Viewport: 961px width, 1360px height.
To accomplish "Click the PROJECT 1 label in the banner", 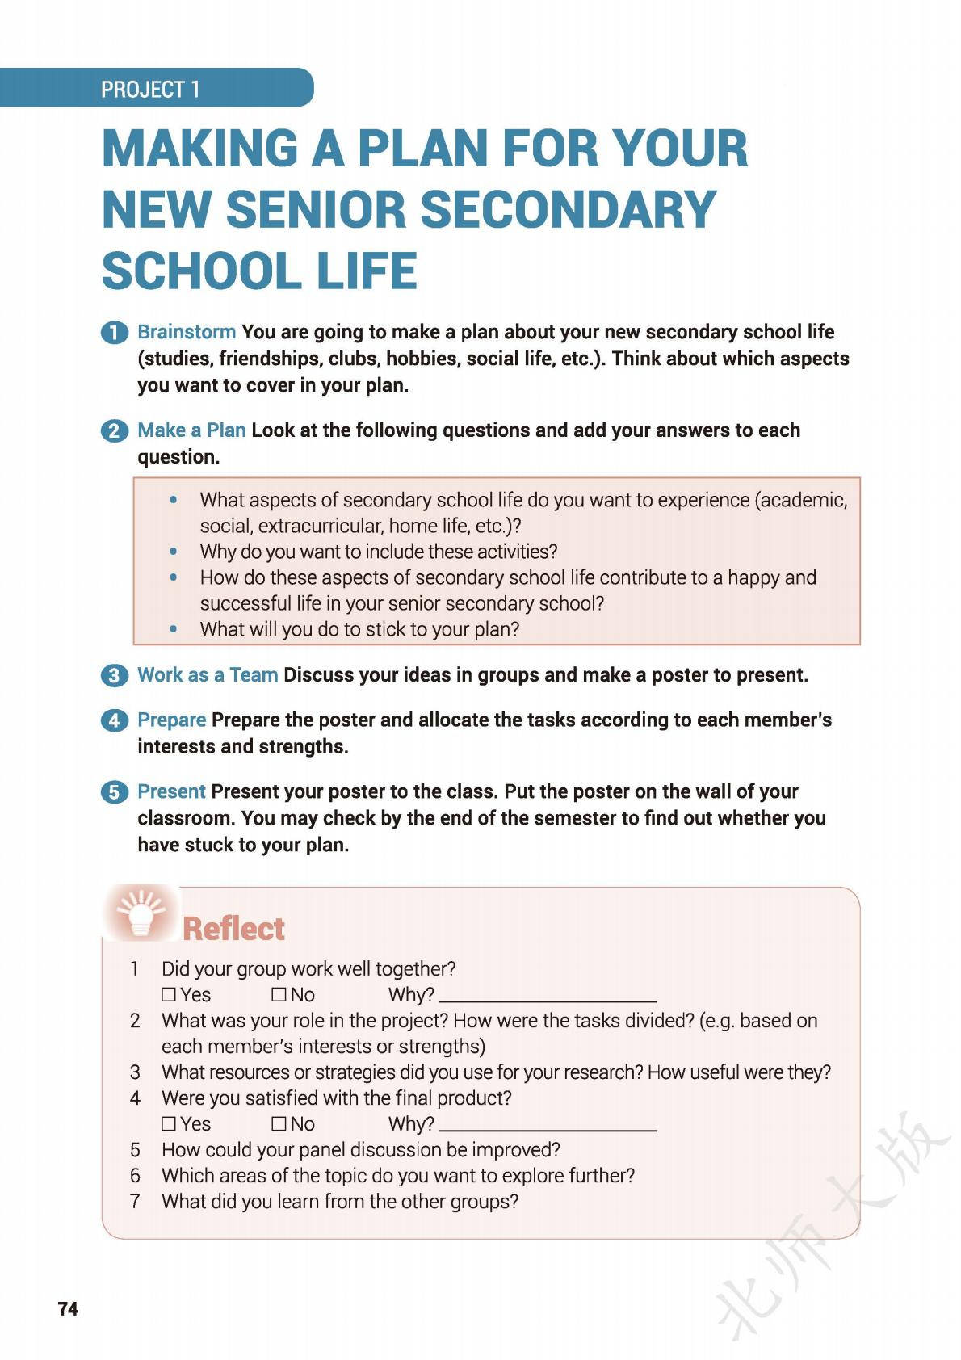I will (x=150, y=89).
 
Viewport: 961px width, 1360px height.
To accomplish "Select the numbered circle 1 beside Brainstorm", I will (x=115, y=333).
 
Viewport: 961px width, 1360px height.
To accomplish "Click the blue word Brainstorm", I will (x=187, y=332).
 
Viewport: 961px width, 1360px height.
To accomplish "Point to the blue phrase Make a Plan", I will (x=191, y=430).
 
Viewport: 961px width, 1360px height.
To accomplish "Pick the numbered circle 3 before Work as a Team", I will (x=115, y=675).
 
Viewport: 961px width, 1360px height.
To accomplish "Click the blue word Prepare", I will (x=172, y=720).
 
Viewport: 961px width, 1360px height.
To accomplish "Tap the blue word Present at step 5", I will (x=172, y=791).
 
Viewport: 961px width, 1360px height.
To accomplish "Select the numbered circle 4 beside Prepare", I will (x=115, y=720).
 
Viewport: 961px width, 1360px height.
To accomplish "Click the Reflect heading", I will (x=233, y=929).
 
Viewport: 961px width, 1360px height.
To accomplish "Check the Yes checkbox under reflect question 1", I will (x=169, y=994).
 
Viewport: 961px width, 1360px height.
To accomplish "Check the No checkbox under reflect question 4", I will (x=279, y=1123).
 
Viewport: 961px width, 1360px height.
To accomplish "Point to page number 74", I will (x=68, y=1309).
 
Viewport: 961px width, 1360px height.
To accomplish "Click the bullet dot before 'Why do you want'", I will (x=173, y=552).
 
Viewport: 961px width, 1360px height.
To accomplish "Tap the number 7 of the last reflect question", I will (x=135, y=1201).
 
